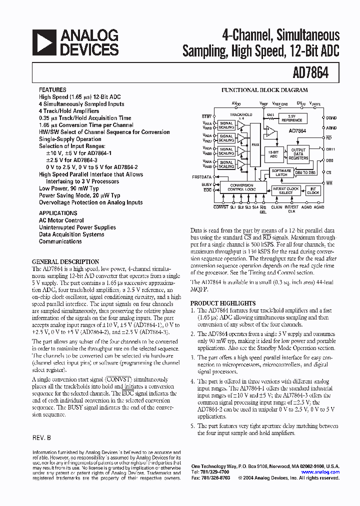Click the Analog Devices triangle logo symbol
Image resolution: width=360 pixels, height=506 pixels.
(43, 42)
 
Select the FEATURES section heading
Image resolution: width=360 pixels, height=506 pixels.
(52, 90)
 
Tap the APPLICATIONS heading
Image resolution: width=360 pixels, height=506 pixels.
(58, 213)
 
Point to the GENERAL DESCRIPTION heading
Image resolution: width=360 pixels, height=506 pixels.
(65, 261)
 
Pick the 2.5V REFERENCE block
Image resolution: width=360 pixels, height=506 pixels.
(291, 118)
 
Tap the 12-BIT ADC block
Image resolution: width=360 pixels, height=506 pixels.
(273, 154)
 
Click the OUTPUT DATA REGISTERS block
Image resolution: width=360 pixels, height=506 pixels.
(298, 153)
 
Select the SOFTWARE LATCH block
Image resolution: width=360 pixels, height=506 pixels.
(281, 172)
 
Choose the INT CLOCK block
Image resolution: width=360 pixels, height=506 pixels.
(313, 190)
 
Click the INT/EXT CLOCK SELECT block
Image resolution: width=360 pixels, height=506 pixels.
(285, 190)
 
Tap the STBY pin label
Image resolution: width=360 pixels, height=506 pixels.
(206, 116)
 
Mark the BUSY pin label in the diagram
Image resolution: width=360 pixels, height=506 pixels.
(207, 184)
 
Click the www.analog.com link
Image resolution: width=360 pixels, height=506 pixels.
(320, 472)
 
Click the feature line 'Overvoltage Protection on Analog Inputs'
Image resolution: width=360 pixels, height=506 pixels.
(90, 202)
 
